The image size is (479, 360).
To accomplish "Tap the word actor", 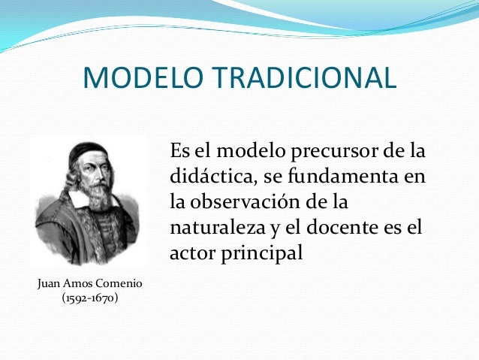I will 192,253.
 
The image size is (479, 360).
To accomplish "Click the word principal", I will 260,253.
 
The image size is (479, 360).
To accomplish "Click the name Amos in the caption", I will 74,283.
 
